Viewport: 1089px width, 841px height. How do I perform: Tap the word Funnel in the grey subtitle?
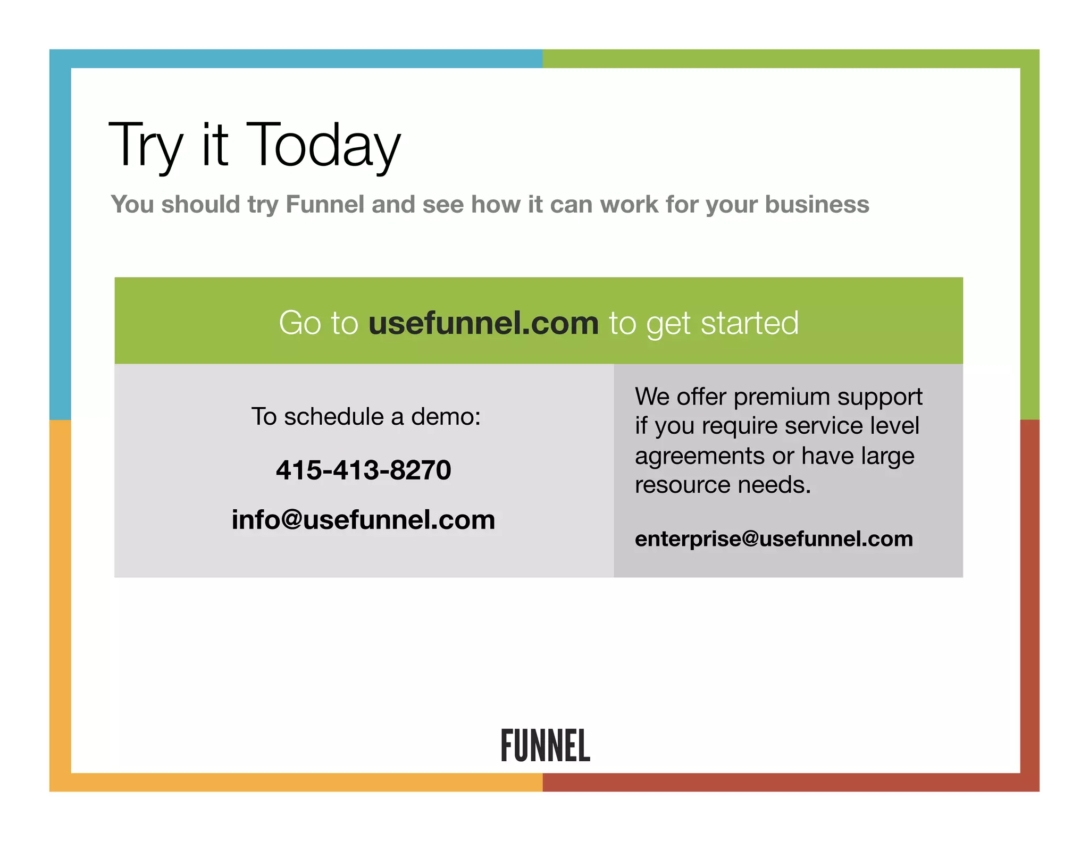pyautogui.click(x=325, y=205)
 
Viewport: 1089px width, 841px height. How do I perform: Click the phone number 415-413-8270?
pyautogui.click(x=364, y=470)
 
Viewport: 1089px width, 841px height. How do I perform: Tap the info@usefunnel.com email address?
pyautogui.click(x=364, y=519)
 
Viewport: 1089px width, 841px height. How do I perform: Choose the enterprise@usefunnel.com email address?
pyautogui.click(x=774, y=539)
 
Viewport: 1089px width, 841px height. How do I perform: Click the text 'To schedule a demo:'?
pyautogui.click(x=366, y=416)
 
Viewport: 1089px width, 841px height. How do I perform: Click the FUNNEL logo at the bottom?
pyautogui.click(x=546, y=745)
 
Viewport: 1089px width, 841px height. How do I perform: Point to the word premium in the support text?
pyautogui.click(x=781, y=397)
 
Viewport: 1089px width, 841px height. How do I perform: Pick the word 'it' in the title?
pyautogui.click(x=215, y=145)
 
